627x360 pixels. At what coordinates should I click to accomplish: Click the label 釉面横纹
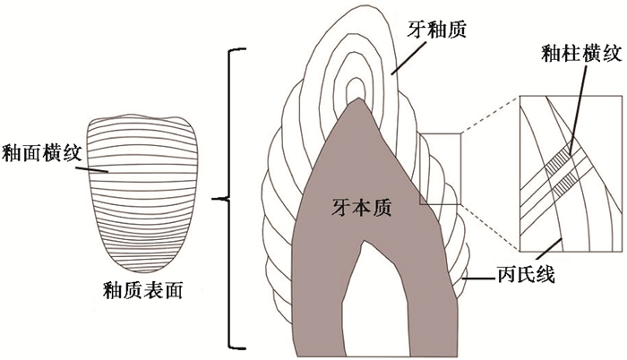tap(42, 153)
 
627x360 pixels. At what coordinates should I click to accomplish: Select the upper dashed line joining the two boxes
tap(489, 116)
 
